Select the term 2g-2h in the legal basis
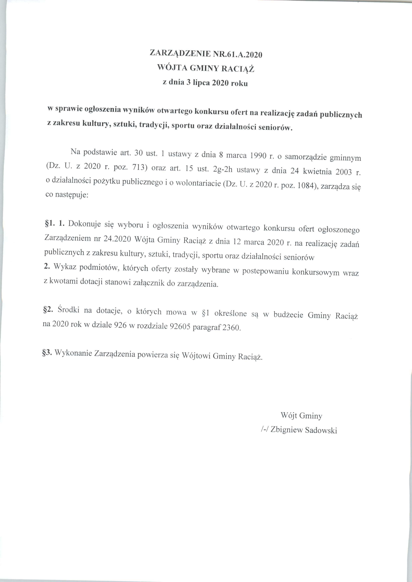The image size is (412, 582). [x=223, y=170]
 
